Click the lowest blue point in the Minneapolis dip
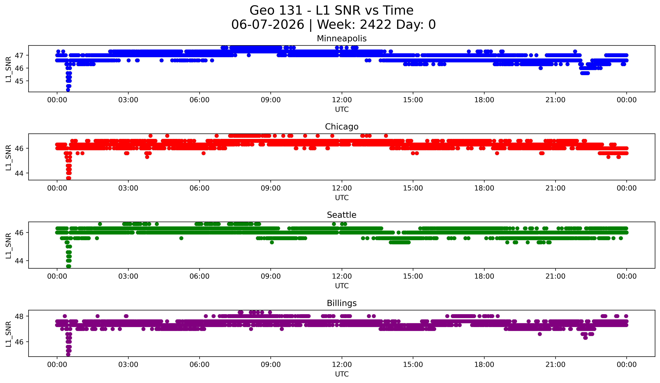(68, 90)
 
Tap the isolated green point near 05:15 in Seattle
(181, 238)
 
